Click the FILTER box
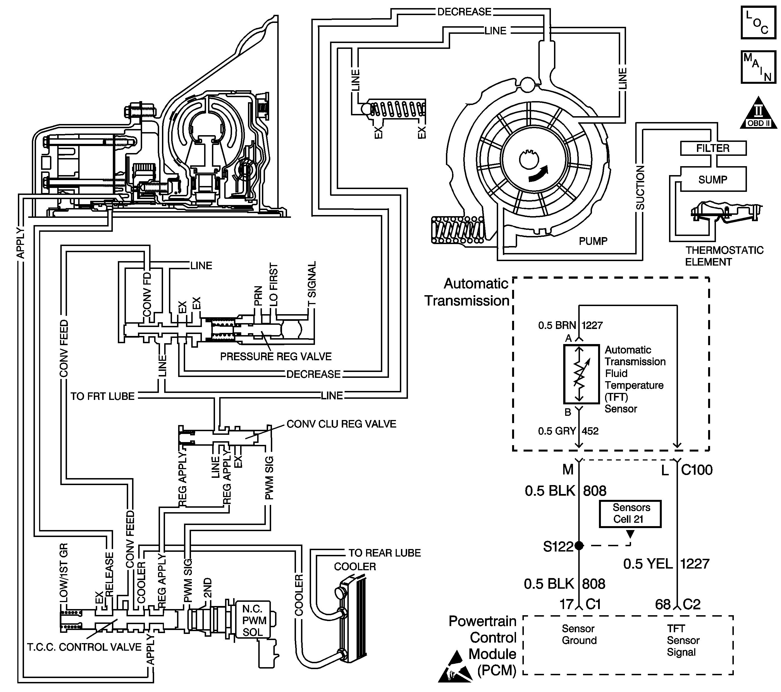(713, 148)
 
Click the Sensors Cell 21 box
(630, 514)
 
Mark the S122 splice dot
(579, 546)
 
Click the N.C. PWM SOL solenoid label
(254, 621)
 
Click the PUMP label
(593, 241)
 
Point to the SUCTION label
(640, 188)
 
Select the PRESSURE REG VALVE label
(276, 357)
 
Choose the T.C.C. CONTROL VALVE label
(84, 647)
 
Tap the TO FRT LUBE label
(102, 396)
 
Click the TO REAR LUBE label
(384, 553)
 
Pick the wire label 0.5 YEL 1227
(666, 564)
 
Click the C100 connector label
(697, 470)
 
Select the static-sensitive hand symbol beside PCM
(452, 666)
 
